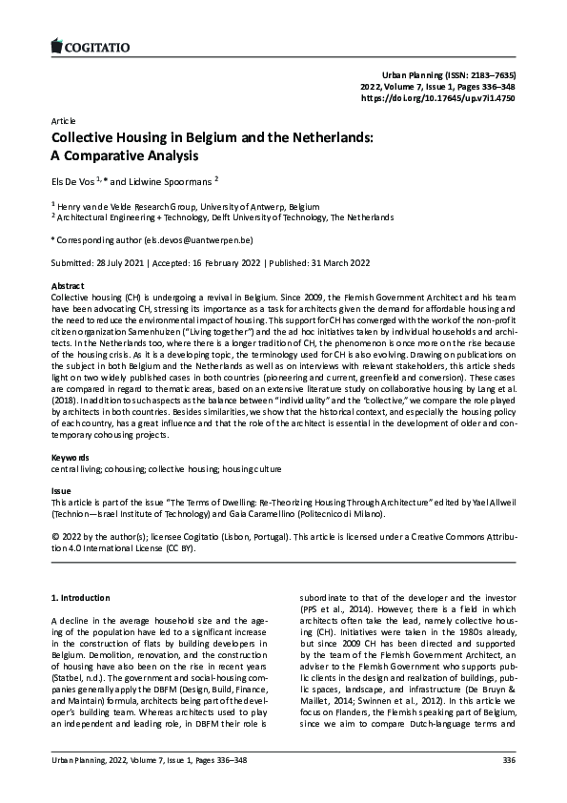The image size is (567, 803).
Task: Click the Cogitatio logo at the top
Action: coord(89,45)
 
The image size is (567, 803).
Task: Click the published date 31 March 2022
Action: coord(333,262)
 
